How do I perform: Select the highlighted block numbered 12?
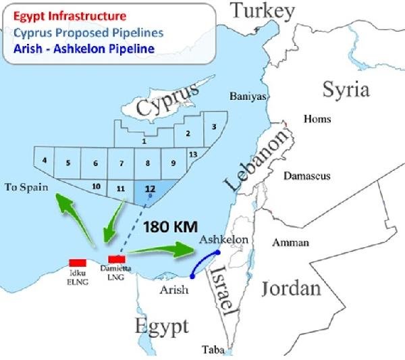tap(149, 190)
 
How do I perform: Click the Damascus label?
tap(306, 176)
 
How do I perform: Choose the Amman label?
tap(290, 242)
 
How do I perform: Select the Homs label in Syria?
tap(318, 119)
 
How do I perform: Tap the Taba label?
tap(213, 349)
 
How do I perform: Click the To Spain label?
tap(27, 186)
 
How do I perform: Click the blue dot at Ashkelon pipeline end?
tap(217, 253)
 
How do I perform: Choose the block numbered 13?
tap(193, 155)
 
